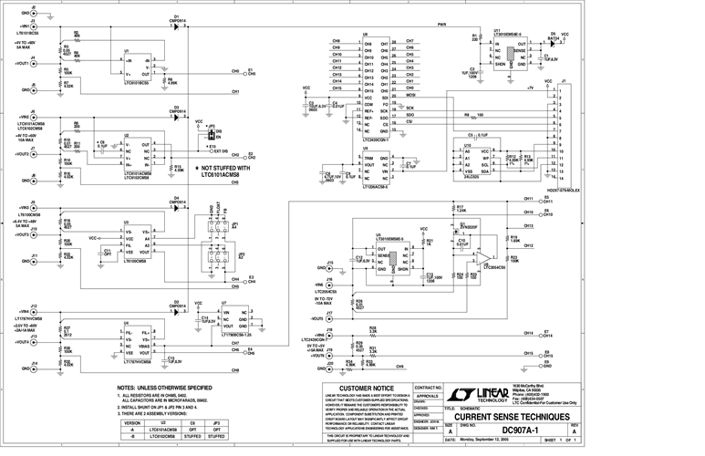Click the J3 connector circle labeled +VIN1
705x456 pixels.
point(34,27)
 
